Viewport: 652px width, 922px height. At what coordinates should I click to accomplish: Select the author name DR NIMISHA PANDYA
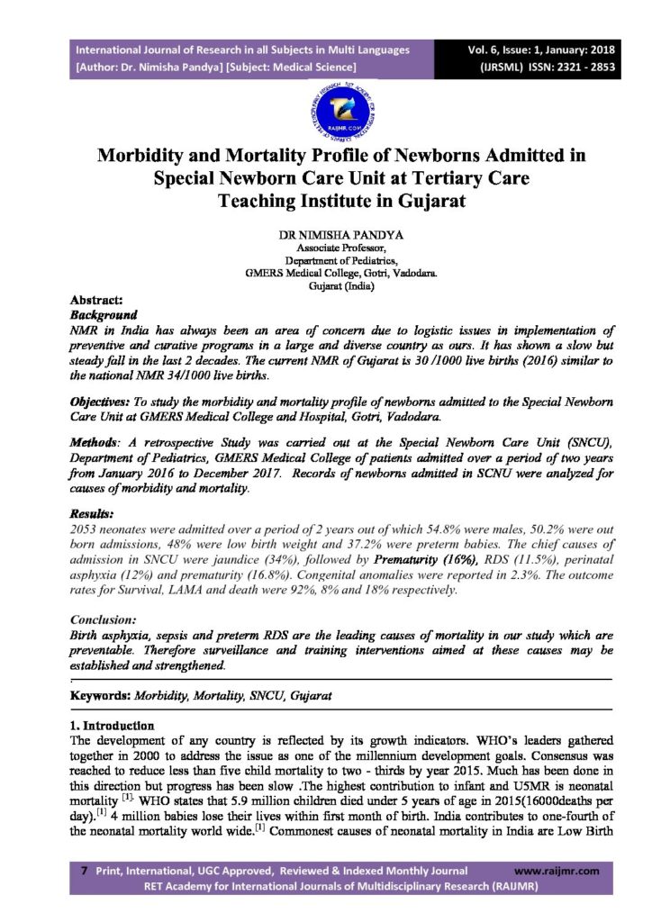(x=325, y=233)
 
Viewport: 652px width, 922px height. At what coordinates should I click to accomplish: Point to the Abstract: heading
(x=96, y=302)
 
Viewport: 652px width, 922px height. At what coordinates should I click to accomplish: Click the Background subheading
(x=104, y=316)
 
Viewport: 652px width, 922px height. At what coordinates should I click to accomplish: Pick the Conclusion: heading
(x=104, y=619)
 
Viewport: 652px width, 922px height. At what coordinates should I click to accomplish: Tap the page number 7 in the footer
(x=84, y=871)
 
